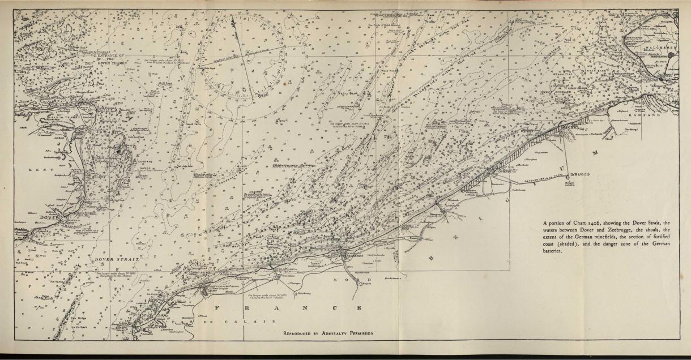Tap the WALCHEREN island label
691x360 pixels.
click(x=660, y=48)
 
